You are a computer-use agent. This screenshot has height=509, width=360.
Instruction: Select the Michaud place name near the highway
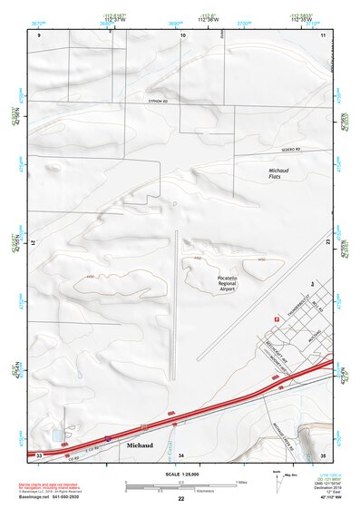coord(141,446)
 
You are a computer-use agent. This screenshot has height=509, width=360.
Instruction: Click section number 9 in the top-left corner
coord(40,34)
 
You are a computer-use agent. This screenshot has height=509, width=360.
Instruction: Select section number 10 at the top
coord(183,34)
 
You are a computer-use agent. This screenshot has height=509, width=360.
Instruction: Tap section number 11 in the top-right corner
coord(323,34)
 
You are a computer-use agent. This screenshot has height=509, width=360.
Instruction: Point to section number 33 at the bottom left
coord(39,455)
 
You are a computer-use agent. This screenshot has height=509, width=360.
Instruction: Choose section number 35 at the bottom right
coord(323,454)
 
